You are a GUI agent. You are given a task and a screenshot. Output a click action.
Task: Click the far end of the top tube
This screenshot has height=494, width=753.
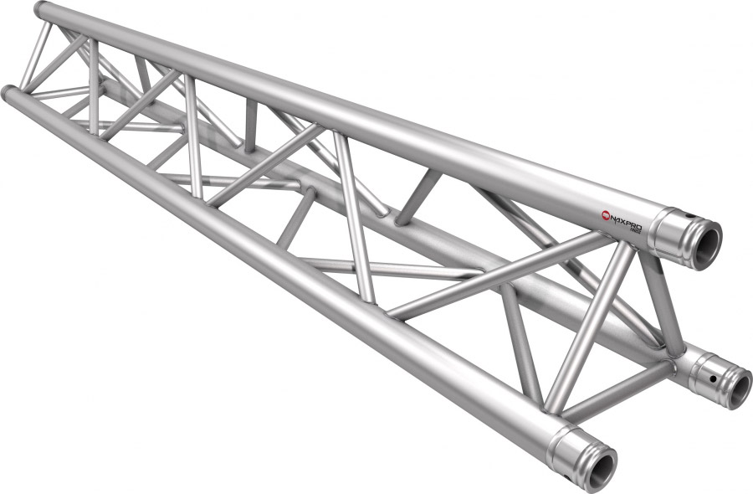42,10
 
